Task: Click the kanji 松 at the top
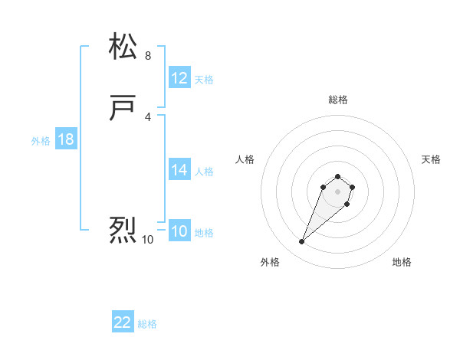[123, 47]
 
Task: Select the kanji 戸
[123, 109]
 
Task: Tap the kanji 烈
[123, 230]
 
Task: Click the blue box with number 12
[179, 78]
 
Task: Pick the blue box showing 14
[179, 170]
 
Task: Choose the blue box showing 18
[65, 139]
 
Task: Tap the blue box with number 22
[123, 322]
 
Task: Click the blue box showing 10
[179, 232]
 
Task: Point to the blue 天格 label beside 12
[204, 80]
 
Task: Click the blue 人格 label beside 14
[204, 172]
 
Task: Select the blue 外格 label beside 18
[41, 141]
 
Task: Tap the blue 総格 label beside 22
[147, 324]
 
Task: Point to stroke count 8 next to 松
[148, 56]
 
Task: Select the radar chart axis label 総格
[338, 100]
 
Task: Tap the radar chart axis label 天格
[431, 159]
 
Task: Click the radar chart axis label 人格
[245, 159]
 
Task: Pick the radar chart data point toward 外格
[302, 242]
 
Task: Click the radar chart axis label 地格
[402, 262]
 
